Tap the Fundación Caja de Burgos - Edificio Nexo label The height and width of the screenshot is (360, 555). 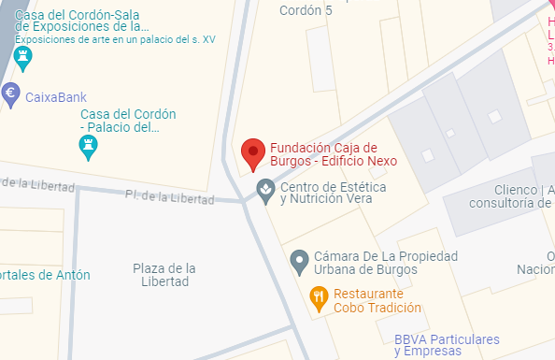(x=323, y=153)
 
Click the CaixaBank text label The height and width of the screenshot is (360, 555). (x=55, y=95)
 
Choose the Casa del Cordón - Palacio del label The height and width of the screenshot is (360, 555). (x=128, y=121)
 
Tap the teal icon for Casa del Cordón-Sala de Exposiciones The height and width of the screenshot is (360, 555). (x=24, y=59)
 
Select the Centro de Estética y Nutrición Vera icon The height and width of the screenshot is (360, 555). (x=265, y=191)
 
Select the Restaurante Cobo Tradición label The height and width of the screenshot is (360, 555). (x=377, y=299)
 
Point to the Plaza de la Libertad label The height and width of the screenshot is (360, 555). (x=164, y=275)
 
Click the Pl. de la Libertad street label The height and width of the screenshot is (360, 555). (x=169, y=196)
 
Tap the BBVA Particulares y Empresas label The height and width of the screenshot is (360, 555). (x=447, y=345)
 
